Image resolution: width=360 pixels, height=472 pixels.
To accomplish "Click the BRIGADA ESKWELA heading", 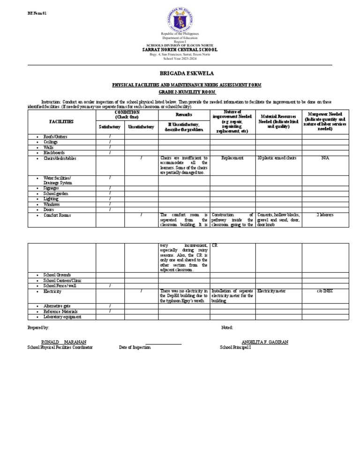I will click(x=180, y=74).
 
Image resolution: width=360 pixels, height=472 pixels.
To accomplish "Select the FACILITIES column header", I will click(x=61, y=122).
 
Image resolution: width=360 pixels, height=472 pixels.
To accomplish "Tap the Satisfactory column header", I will click(x=110, y=127).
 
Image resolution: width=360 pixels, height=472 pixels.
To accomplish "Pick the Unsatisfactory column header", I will click(x=141, y=127).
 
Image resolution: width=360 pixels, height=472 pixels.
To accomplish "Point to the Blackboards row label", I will click(x=54, y=152).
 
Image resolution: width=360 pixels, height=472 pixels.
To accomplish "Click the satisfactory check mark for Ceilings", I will click(x=110, y=142).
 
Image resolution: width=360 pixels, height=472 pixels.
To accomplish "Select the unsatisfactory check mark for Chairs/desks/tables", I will click(x=141, y=158).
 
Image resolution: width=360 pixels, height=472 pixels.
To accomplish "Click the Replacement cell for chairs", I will click(x=232, y=158).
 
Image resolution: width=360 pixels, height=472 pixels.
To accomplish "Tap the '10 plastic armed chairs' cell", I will click(x=277, y=158).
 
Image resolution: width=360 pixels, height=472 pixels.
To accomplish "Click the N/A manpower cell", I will click(x=325, y=158).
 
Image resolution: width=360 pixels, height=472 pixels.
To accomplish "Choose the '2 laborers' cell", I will click(x=325, y=215).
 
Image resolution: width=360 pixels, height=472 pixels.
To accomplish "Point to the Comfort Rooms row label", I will click(x=57, y=215).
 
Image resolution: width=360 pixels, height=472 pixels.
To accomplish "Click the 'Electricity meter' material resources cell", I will click(x=272, y=291).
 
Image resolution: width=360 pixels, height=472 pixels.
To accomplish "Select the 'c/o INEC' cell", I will click(x=325, y=291).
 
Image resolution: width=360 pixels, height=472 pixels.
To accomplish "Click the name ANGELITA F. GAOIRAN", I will click(x=265, y=342).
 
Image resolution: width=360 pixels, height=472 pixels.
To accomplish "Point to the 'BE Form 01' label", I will click(x=37, y=13).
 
